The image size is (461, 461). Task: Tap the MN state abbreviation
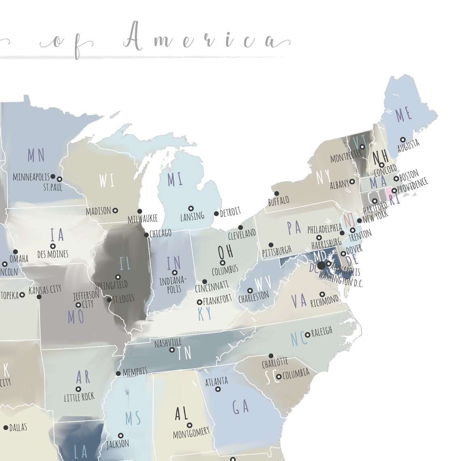(x=36, y=155)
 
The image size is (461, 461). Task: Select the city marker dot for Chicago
(x=146, y=235)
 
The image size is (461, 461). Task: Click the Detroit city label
(x=230, y=211)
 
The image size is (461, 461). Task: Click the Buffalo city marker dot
(x=277, y=193)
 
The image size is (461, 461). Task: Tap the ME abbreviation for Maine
(x=403, y=115)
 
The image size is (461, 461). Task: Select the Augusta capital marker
(x=403, y=140)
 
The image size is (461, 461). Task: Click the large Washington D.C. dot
(x=321, y=266)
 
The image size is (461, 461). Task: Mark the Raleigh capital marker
(x=307, y=334)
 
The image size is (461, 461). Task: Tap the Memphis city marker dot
(x=118, y=373)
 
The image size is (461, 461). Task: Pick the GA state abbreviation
(x=241, y=407)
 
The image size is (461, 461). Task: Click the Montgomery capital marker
(x=189, y=425)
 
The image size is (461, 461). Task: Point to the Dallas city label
(x=18, y=427)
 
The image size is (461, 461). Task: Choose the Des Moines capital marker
(x=53, y=246)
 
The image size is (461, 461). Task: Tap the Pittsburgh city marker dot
(x=271, y=245)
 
